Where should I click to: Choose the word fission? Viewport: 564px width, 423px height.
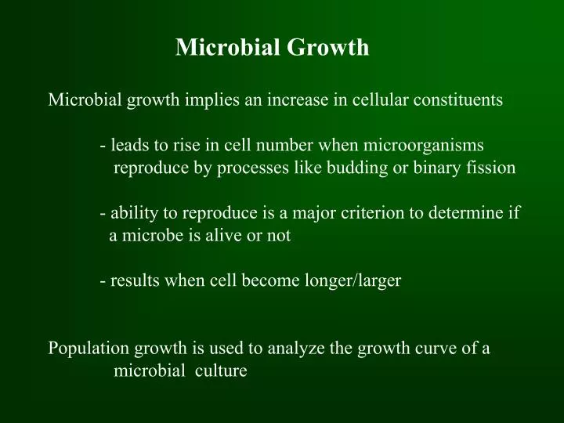point(492,168)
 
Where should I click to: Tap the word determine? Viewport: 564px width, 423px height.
point(465,212)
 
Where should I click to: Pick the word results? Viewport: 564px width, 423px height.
point(135,281)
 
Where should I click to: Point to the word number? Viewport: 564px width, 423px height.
point(287,145)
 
